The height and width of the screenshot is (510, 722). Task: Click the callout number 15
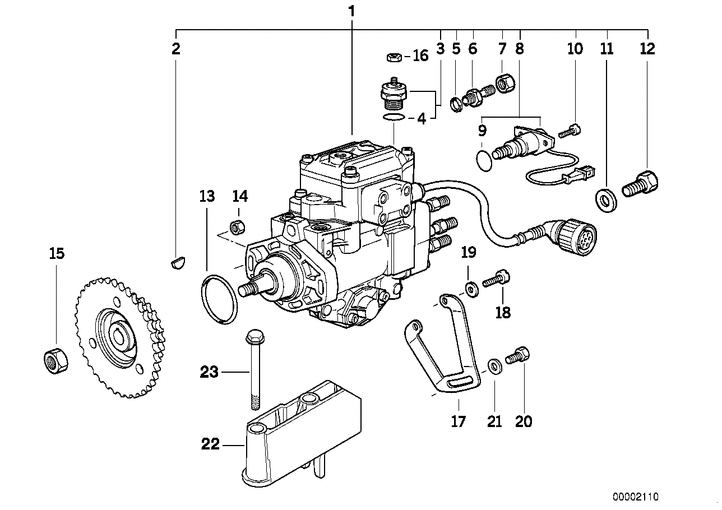point(56,254)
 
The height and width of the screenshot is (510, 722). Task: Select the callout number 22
point(210,446)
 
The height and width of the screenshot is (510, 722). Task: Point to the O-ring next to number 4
point(395,117)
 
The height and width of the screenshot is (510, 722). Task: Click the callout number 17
point(459,421)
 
